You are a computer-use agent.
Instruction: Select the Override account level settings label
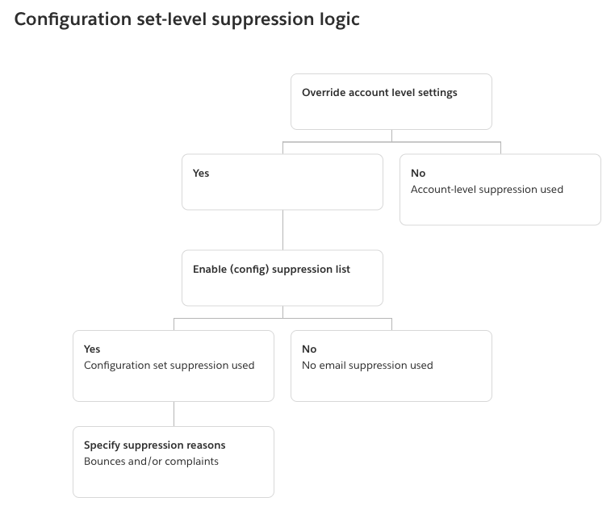(379, 93)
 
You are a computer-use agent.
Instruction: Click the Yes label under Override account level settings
(201, 173)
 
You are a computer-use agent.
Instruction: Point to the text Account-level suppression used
(487, 190)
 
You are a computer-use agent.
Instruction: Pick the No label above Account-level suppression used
(418, 173)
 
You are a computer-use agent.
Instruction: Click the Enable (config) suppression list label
(271, 270)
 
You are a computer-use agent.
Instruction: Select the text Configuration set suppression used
(169, 366)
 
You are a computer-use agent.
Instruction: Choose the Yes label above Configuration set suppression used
(92, 349)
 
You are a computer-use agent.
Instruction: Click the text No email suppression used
(367, 366)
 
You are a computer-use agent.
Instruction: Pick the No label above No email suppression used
(309, 349)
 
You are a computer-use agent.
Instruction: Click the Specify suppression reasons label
(154, 445)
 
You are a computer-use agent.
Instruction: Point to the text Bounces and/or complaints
(151, 462)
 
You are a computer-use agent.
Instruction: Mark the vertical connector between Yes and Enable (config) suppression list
(282, 230)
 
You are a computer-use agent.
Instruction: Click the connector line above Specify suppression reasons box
(174, 414)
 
